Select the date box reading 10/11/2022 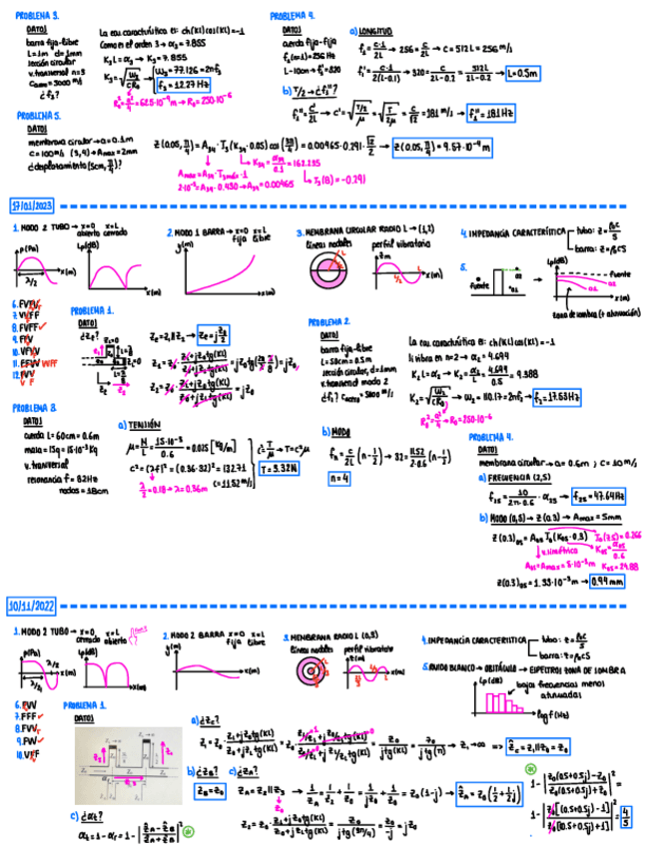(x=32, y=606)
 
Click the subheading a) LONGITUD (x=373, y=31)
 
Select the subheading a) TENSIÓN (x=142, y=423)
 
